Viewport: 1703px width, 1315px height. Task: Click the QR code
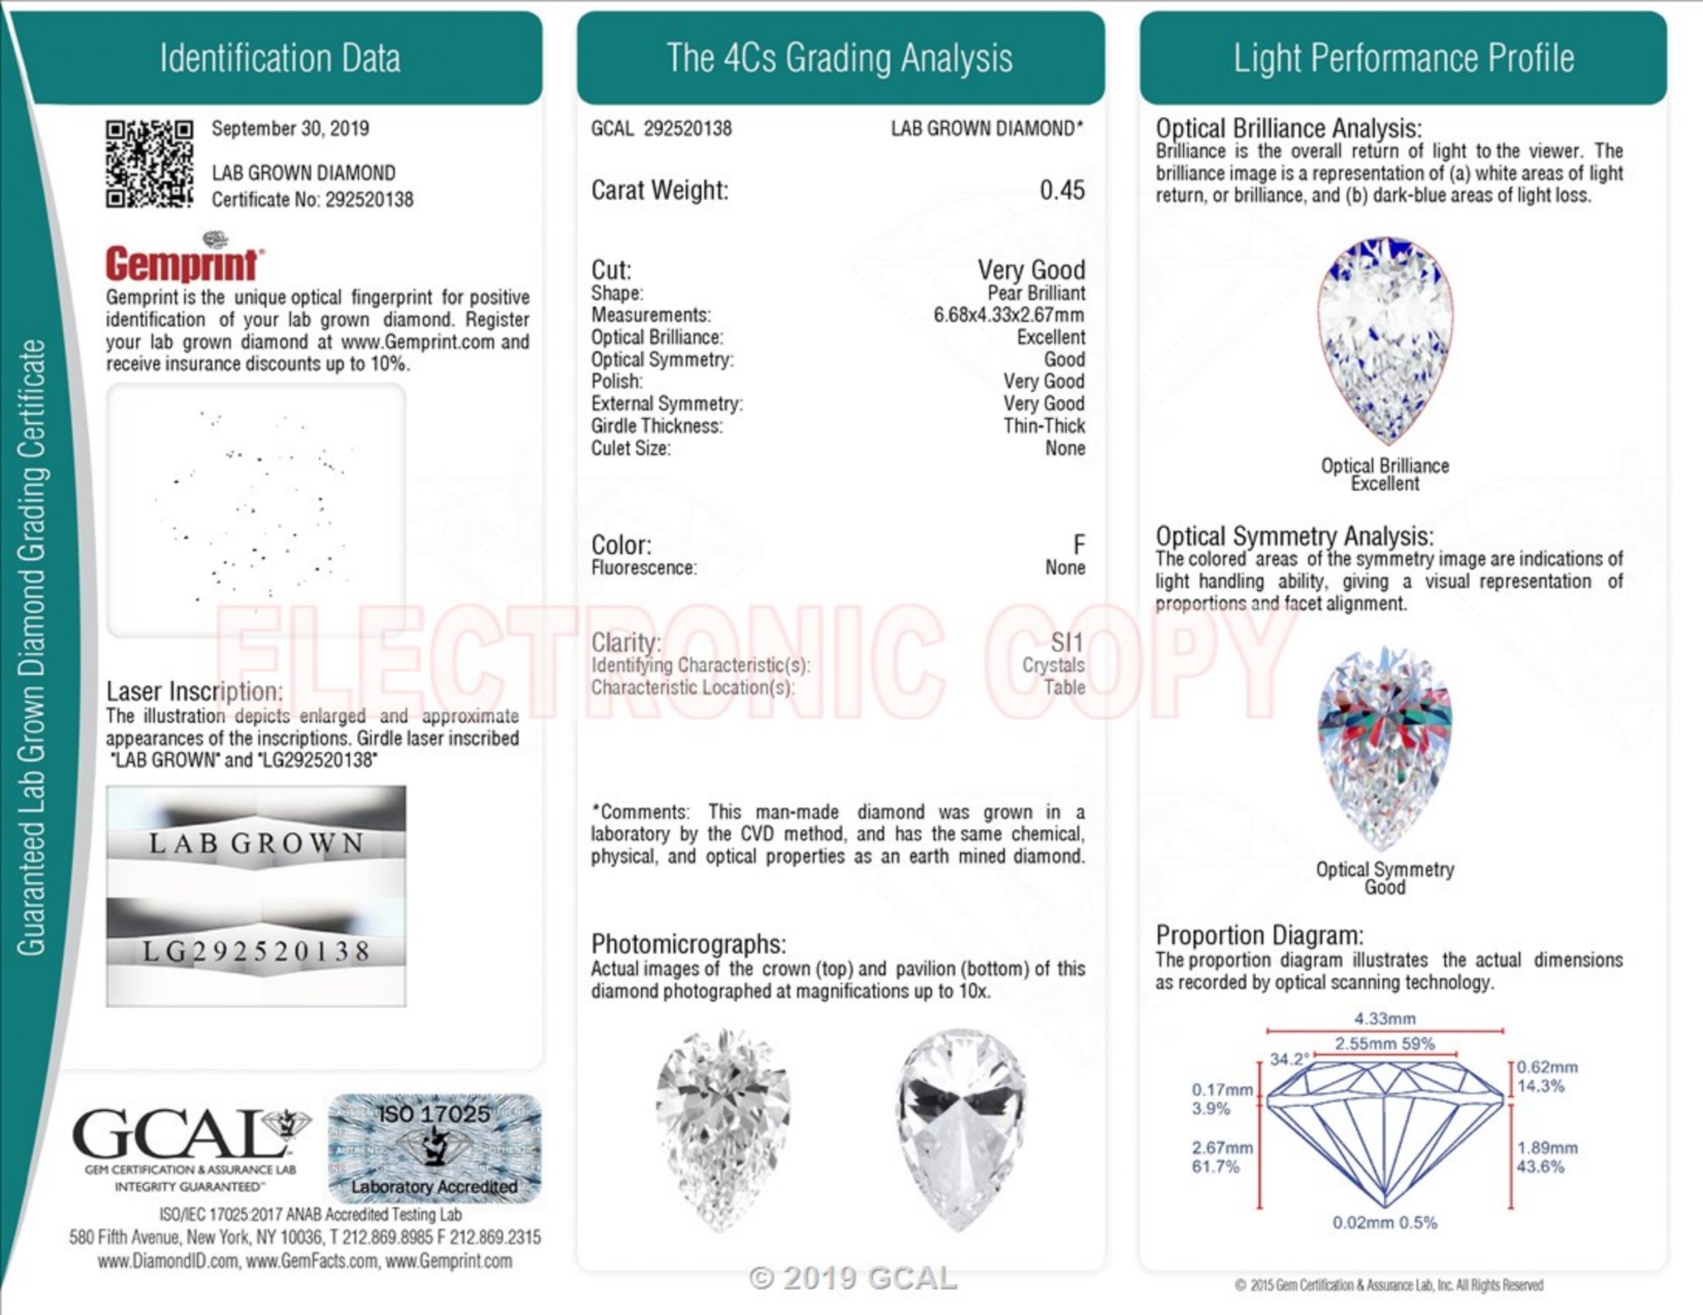point(149,164)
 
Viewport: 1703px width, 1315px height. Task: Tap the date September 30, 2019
point(290,128)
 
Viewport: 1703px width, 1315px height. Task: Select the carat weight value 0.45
point(1062,190)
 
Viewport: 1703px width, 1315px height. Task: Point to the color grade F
point(1078,544)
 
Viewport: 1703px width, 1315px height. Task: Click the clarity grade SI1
point(1067,642)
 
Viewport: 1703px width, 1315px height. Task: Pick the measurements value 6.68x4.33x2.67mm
point(1009,316)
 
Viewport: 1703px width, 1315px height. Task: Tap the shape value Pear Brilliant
point(1036,293)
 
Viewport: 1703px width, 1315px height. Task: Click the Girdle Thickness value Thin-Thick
point(1044,426)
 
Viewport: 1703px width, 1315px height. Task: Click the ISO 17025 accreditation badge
point(435,1148)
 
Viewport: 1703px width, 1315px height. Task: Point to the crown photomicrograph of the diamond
point(723,1130)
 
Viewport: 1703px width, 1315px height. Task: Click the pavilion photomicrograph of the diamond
point(961,1130)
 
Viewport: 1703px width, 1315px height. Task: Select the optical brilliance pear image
point(1385,341)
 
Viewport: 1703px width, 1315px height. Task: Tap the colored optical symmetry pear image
point(1385,749)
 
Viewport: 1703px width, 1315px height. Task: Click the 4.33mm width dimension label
point(1385,1018)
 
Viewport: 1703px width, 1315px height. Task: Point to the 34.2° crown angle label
point(1289,1059)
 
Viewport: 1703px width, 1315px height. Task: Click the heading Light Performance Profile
point(1403,58)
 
